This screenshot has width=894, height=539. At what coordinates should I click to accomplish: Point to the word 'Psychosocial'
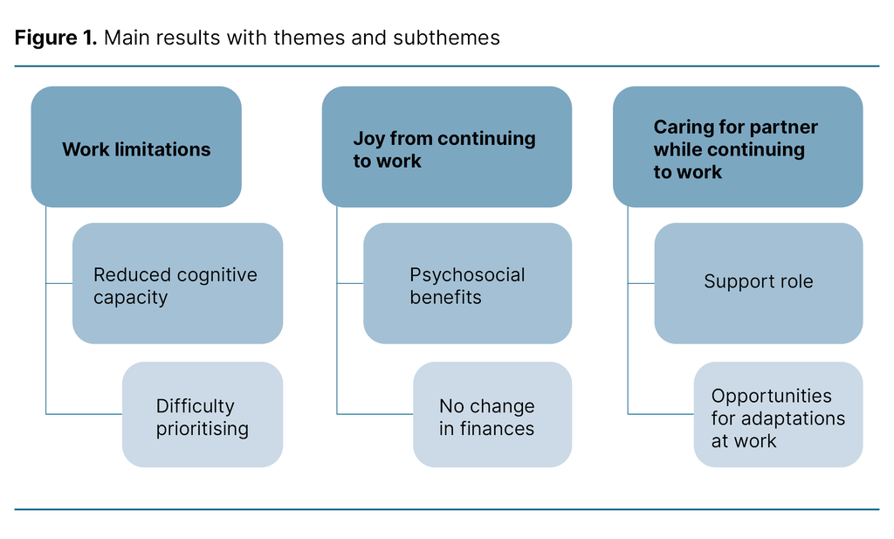click(x=467, y=275)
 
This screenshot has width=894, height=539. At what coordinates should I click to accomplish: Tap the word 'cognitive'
click(x=217, y=275)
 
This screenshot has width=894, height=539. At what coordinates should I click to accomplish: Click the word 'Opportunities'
click(x=771, y=396)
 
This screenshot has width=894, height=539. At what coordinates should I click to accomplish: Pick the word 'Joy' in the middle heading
click(x=368, y=138)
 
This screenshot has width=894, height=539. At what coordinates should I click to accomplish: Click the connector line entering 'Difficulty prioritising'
click(x=84, y=414)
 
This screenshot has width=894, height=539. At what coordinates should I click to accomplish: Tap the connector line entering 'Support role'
click(x=641, y=283)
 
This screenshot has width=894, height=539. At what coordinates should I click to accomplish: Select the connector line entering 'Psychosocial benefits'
click(x=350, y=283)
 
